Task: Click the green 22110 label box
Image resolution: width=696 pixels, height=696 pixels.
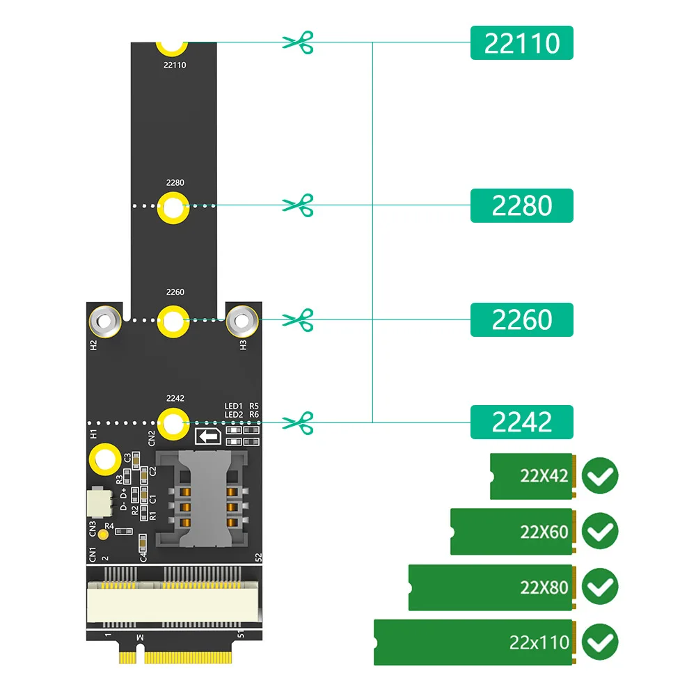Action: (521, 42)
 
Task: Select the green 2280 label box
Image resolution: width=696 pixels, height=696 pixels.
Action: (521, 205)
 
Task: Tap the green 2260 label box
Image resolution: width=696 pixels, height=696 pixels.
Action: (521, 319)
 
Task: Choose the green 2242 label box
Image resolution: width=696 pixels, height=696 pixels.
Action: (521, 422)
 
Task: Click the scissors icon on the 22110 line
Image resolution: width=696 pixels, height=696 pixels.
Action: (299, 42)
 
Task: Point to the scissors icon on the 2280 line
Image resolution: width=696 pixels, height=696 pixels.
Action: (299, 205)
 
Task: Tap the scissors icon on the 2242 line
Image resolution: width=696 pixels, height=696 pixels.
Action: (299, 422)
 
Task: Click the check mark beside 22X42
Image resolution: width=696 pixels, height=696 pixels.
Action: (599, 477)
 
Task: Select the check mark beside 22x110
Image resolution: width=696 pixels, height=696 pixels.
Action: (599, 642)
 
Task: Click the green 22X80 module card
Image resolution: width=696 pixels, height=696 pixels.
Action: (491, 587)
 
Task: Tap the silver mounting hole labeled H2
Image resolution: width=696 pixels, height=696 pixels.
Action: (104, 321)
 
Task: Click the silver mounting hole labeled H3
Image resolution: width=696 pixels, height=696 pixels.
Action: (242, 321)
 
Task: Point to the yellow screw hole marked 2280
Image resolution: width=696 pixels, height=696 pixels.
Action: (173, 207)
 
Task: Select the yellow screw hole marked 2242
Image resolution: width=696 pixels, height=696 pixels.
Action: (173, 422)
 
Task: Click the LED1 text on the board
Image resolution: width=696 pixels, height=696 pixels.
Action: (233, 406)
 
